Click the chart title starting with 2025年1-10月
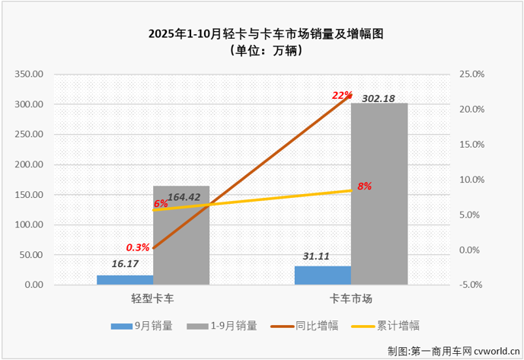tap(263, 35)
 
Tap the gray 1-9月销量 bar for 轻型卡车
tap(181, 236)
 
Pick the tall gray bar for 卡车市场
tap(379, 194)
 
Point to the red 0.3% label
tap(138, 247)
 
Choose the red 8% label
tap(364, 186)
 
